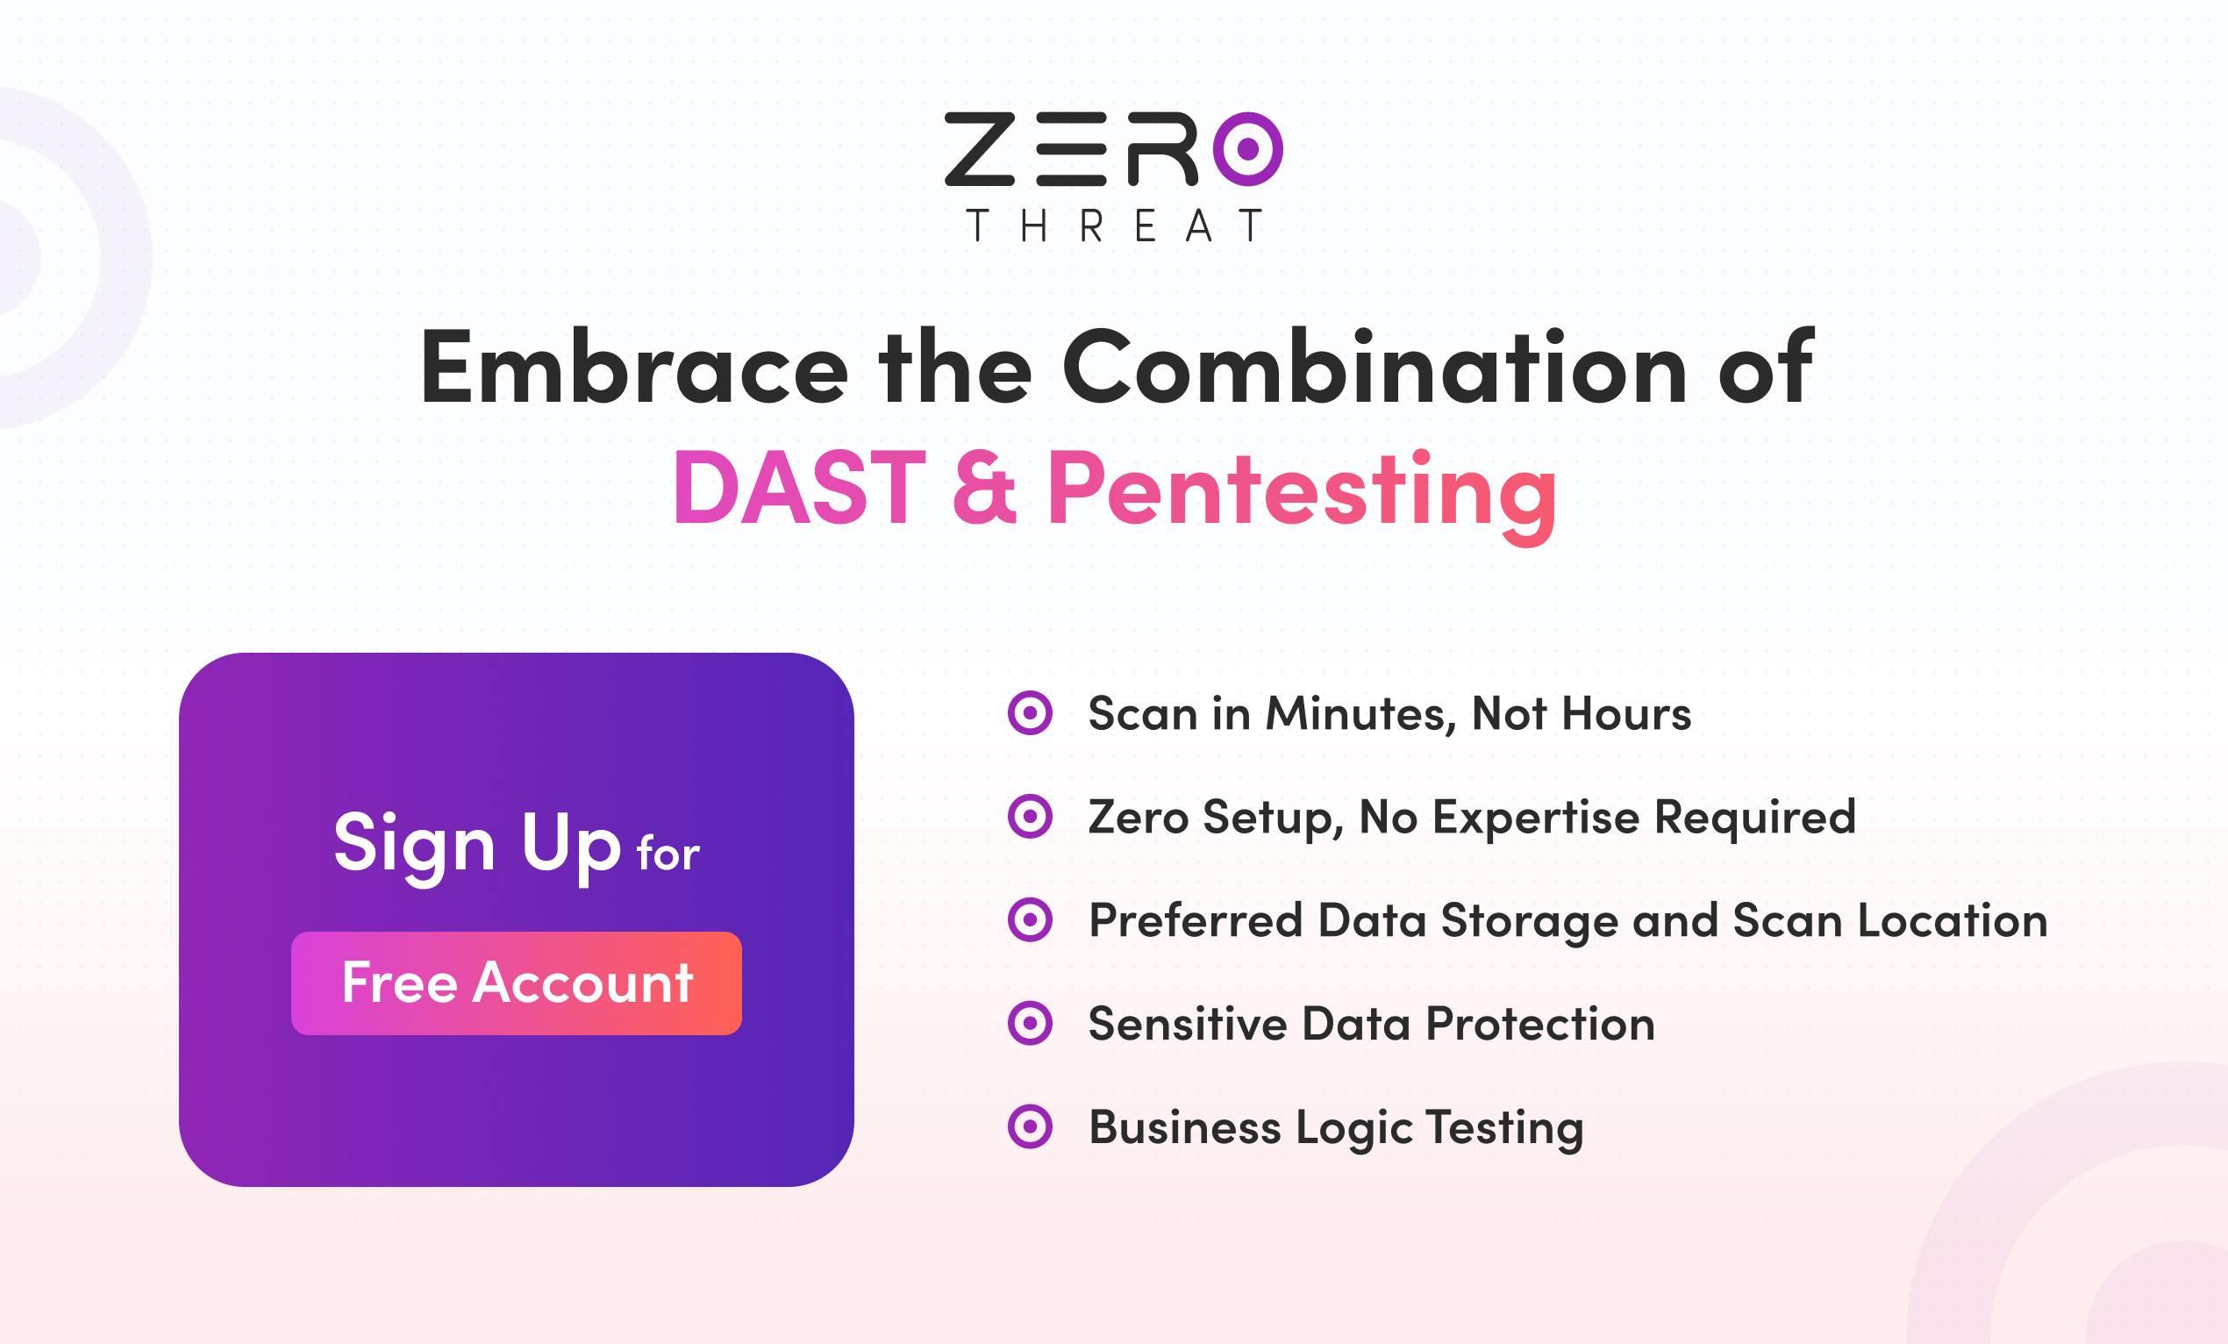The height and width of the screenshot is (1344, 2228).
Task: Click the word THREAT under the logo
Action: pyautogui.click(x=1114, y=226)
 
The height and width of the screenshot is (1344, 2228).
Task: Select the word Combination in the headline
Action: pyautogui.click(x=1375, y=367)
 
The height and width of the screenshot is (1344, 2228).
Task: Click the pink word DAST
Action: pyautogui.click(x=799, y=488)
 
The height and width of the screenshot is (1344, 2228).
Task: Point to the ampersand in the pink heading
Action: pyautogui.click(x=985, y=488)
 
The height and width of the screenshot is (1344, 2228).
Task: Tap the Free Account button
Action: pyautogui.click(x=517, y=983)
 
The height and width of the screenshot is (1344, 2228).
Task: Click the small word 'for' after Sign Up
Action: pyautogui.click(x=668, y=853)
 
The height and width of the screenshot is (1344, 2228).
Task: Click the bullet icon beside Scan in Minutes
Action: pyautogui.click(x=1030, y=713)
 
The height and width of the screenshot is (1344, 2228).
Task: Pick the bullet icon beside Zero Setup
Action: pyautogui.click(x=1030, y=817)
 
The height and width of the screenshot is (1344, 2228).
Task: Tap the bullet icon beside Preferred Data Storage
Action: pyautogui.click(x=1030, y=919)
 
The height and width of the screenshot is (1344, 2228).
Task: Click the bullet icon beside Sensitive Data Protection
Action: pyautogui.click(x=1030, y=1024)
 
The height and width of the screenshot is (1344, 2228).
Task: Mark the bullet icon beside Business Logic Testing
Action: pyautogui.click(x=1030, y=1127)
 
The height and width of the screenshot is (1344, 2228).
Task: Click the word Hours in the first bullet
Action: pyautogui.click(x=1626, y=713)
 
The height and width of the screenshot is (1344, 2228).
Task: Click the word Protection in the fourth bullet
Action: pyautogui.click(x=1540, y=1024)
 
